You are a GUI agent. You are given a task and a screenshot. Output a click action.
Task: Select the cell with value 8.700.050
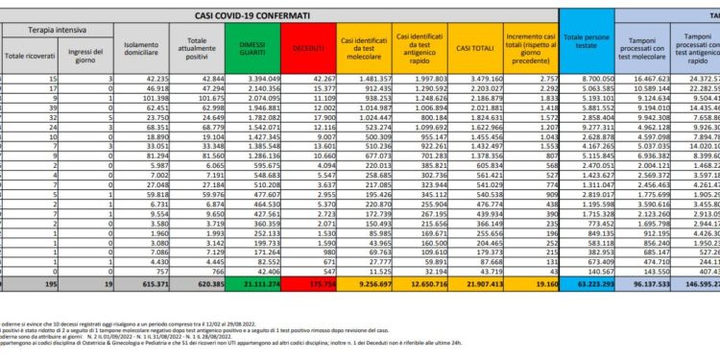point(588,79)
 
